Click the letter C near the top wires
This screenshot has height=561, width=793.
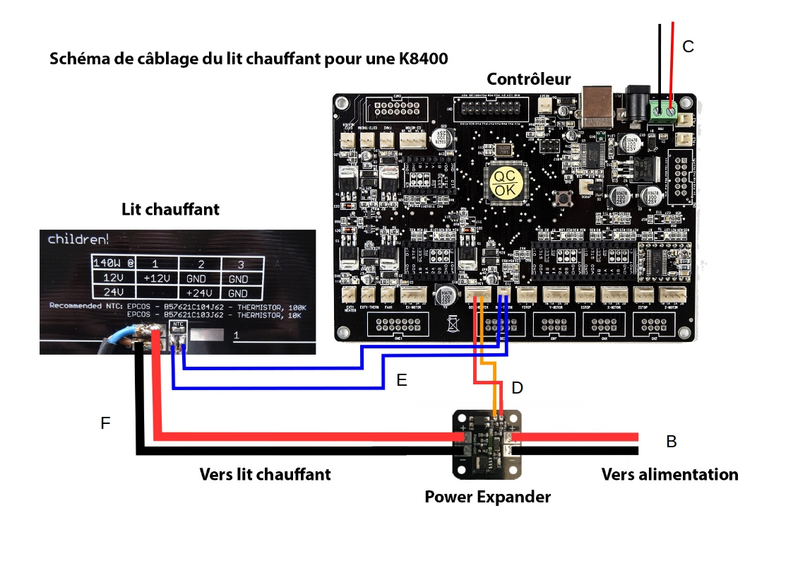688,47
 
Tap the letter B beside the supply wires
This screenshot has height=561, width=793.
672,442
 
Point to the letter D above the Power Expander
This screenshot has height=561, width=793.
517,387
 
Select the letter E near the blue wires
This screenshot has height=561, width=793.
402,380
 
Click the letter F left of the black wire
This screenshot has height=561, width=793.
106,423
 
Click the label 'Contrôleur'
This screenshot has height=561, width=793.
529,78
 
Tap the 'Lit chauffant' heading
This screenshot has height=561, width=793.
170,209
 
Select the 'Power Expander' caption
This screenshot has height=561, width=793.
487,497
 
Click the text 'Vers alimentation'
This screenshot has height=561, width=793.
669,474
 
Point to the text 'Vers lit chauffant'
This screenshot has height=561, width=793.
265,474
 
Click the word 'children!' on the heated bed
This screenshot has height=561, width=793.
78,240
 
